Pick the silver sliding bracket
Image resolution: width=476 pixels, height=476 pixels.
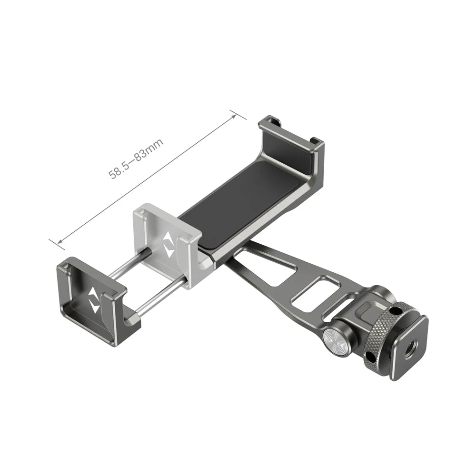[167, 243]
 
